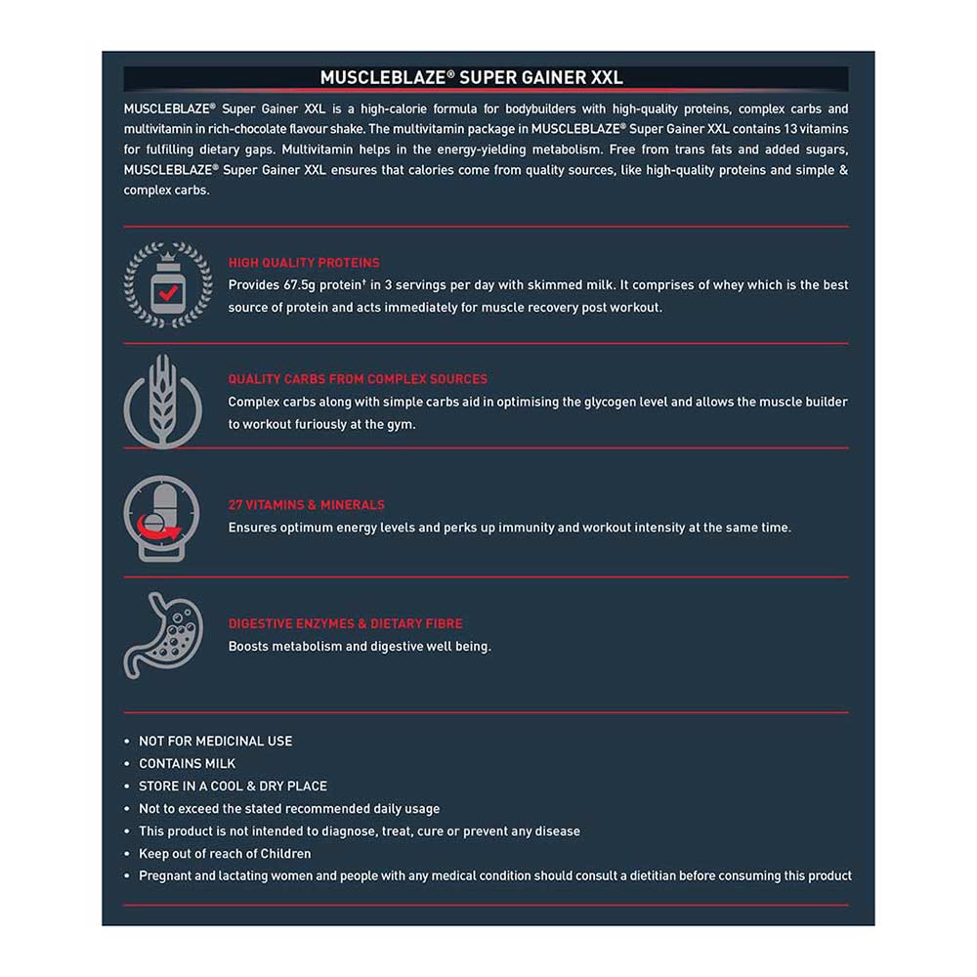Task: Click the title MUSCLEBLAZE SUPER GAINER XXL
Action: point(471,77)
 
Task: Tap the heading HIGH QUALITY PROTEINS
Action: point(304,263)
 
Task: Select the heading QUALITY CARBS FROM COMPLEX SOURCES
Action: point(358,379)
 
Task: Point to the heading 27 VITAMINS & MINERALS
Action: point(307,505)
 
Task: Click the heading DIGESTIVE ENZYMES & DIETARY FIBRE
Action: point(346,623)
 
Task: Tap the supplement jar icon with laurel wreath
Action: point(167,284)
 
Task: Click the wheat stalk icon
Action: point(162,402)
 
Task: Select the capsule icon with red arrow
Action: point(162,517)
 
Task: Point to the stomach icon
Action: point(163,635)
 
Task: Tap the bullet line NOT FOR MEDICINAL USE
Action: point(215,742)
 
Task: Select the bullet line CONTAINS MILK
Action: point(187,764)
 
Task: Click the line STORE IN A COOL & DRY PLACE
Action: point(233,786)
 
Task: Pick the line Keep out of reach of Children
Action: point(225,854)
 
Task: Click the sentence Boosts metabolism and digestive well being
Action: point(360,647)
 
